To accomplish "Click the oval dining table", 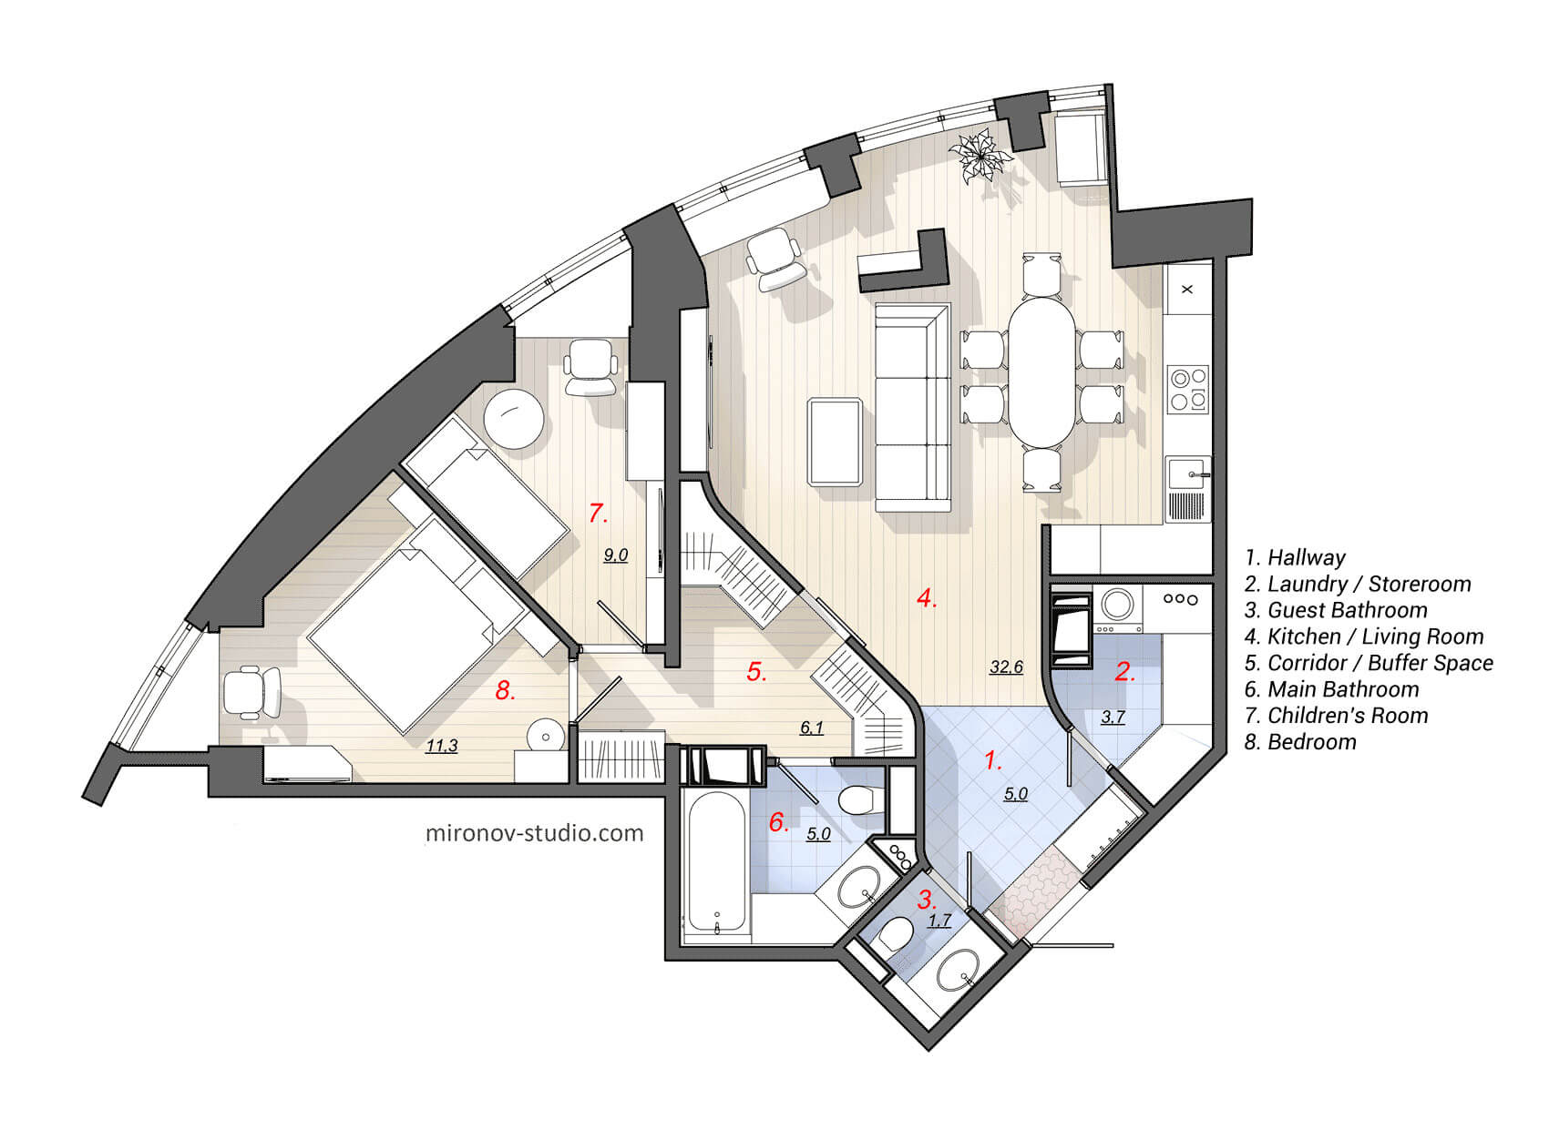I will click(1041, 373).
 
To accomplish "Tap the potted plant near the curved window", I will click(980, 158).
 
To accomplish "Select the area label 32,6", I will click(1006, 667).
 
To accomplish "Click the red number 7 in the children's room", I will click(597, 514).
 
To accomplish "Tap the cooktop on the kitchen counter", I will click(1188, 388).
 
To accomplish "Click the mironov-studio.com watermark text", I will click(535, 832).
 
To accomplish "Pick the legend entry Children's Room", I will click(1337, 716).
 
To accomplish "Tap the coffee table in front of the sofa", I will click(835, 442).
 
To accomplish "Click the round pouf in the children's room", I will click(514, 418).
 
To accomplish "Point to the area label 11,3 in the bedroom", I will click(442, 746).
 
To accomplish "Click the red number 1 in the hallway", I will click(992, 760).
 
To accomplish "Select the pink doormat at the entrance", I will click(1034, 889).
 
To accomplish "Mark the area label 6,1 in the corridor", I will click(811, 728).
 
